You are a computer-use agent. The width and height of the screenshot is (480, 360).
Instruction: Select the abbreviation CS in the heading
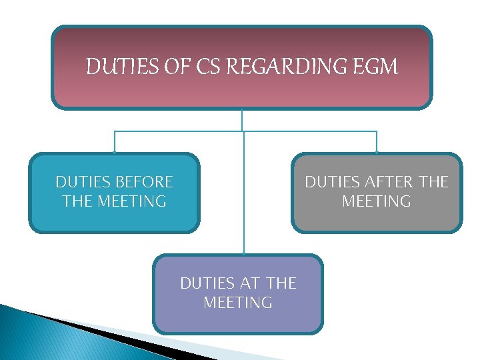pyautogui.click(x=225, y=67)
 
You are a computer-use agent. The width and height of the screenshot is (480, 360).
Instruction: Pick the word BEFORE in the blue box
pyautogui.click(x=144, y=182)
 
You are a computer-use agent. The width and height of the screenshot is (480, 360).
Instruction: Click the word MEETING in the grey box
pyautogui.click(x=377, y=201)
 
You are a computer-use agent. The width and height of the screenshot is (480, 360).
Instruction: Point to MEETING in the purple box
pyautogui.click(x=238, y=303)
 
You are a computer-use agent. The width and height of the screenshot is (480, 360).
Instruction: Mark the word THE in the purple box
pyautogui.click(x=281, y=283)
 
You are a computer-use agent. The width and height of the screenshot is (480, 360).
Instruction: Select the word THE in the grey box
pyautogui.click(x=433, y=182)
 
